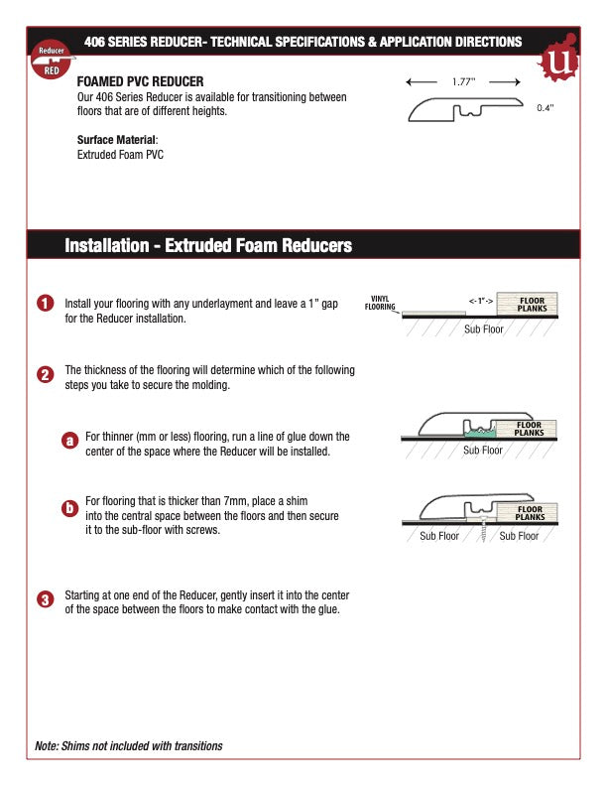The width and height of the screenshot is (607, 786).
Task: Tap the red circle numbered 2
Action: pos(45,375)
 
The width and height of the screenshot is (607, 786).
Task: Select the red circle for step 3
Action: pos(45,600)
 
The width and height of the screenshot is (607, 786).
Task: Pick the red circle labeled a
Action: pos(69,441)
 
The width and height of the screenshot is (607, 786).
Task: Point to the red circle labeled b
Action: pos(69,508)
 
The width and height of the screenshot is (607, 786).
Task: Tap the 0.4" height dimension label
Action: pos(545,107)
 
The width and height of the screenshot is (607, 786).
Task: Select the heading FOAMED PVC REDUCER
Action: pos(141,80)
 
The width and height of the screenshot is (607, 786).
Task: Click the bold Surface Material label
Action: pos(117,140)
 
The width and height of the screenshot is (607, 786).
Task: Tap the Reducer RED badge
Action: pos(52,61)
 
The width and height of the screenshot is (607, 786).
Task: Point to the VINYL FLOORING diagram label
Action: pos(380,303)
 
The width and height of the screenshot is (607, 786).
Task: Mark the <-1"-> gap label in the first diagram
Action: pos(480,299)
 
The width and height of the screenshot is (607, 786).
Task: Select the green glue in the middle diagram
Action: pos(479,432)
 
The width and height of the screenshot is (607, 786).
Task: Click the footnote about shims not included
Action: pos(129,745)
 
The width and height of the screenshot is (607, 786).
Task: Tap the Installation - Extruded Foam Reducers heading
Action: pos(208,245)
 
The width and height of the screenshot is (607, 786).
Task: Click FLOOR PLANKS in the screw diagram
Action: pos(529,513)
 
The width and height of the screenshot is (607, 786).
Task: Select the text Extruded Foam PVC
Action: pos(120,155)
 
